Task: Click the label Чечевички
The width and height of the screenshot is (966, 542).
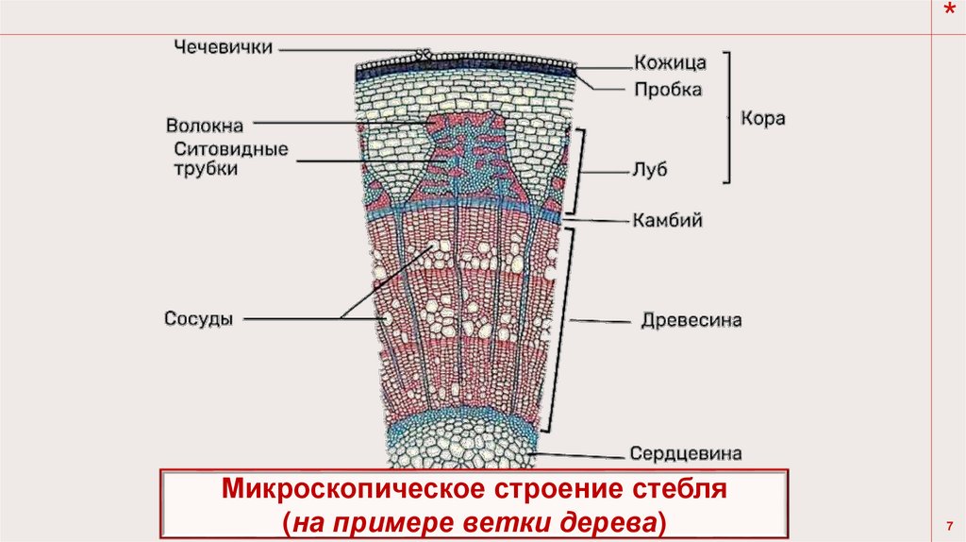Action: pos(222,47)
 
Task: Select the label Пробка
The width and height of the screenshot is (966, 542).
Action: pos(667,90)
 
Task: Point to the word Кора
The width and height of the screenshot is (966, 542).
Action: pos(763,120)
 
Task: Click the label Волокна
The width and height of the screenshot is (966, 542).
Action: pos(205,125)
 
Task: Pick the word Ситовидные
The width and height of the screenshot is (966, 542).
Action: pos(231,149)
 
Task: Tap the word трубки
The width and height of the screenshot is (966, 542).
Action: pos(206,169)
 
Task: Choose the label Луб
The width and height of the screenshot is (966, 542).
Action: pos(650,173)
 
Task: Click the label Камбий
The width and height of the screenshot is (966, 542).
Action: pos(666,220)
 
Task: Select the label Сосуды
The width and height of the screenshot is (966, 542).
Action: pos(198,318)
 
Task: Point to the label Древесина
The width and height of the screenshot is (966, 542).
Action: pos(691,321)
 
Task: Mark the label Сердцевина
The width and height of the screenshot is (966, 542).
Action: pos(686,453)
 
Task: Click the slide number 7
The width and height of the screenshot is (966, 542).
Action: pos(947,524)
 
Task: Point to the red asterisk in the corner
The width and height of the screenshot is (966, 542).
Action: pos(949,9)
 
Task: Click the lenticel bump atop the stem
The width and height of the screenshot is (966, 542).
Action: pos(424,56)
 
